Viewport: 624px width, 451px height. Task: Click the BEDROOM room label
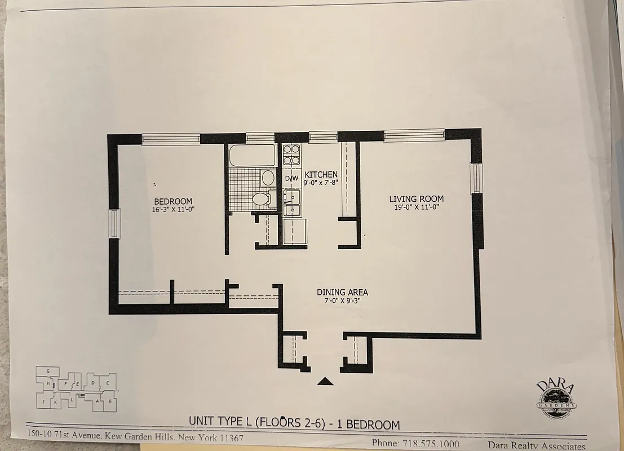tap(173, 201)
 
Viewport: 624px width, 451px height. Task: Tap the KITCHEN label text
tap(321, 175)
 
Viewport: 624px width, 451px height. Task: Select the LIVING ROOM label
tap(416, 199)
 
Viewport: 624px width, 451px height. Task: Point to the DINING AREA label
tap(342, 292)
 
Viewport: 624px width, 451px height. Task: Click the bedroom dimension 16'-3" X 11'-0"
tap(173, 210)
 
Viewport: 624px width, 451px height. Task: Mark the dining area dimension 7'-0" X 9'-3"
tap(342, 301)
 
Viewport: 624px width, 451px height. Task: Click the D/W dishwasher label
tap(291, 179)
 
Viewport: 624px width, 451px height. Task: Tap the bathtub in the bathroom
tap(252, 155)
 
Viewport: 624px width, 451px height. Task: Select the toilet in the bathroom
tap(261, 198)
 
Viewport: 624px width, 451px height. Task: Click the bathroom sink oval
tap(268, 178)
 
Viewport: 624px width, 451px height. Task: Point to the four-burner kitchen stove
tap(291, 155)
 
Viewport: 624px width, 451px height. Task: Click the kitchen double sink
tap(292, 202)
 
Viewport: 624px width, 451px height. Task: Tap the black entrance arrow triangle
tap(325, 381)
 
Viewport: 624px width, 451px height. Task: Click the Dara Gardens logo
tap(556, 399)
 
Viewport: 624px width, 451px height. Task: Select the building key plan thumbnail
tap(76, 388)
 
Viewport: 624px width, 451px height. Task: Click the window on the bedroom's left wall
tap(114, 223)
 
